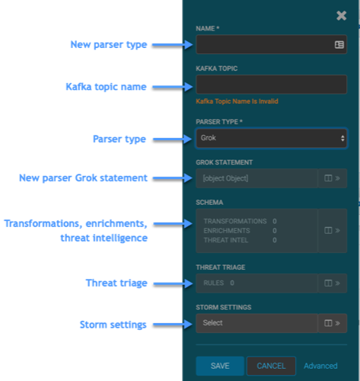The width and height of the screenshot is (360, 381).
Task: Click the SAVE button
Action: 220,366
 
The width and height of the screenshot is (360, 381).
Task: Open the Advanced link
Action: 320,366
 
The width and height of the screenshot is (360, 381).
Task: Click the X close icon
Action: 342,16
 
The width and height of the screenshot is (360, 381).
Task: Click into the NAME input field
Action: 264,44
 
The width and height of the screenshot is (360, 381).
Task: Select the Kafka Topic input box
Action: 271,85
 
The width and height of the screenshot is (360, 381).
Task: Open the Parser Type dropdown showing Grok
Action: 271,138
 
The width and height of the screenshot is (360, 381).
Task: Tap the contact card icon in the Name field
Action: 339,45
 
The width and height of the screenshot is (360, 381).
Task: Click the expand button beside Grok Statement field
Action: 333,178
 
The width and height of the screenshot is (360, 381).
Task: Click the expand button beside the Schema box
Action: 333,231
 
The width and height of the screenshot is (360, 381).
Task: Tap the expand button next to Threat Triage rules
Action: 333,283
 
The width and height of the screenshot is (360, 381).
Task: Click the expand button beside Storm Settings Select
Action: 333,323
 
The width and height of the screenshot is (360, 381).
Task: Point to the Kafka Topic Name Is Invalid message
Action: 237,101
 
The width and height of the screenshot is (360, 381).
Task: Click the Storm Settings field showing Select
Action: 256,323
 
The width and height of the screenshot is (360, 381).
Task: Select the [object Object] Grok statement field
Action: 256,178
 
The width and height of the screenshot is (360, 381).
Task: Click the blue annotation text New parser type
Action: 109,45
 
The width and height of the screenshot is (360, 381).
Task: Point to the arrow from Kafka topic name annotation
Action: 173,87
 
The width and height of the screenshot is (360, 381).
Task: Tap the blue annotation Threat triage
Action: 116,283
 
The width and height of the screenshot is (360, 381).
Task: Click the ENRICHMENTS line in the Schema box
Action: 240,231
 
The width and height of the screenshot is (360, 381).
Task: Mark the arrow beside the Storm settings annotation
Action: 173,325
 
